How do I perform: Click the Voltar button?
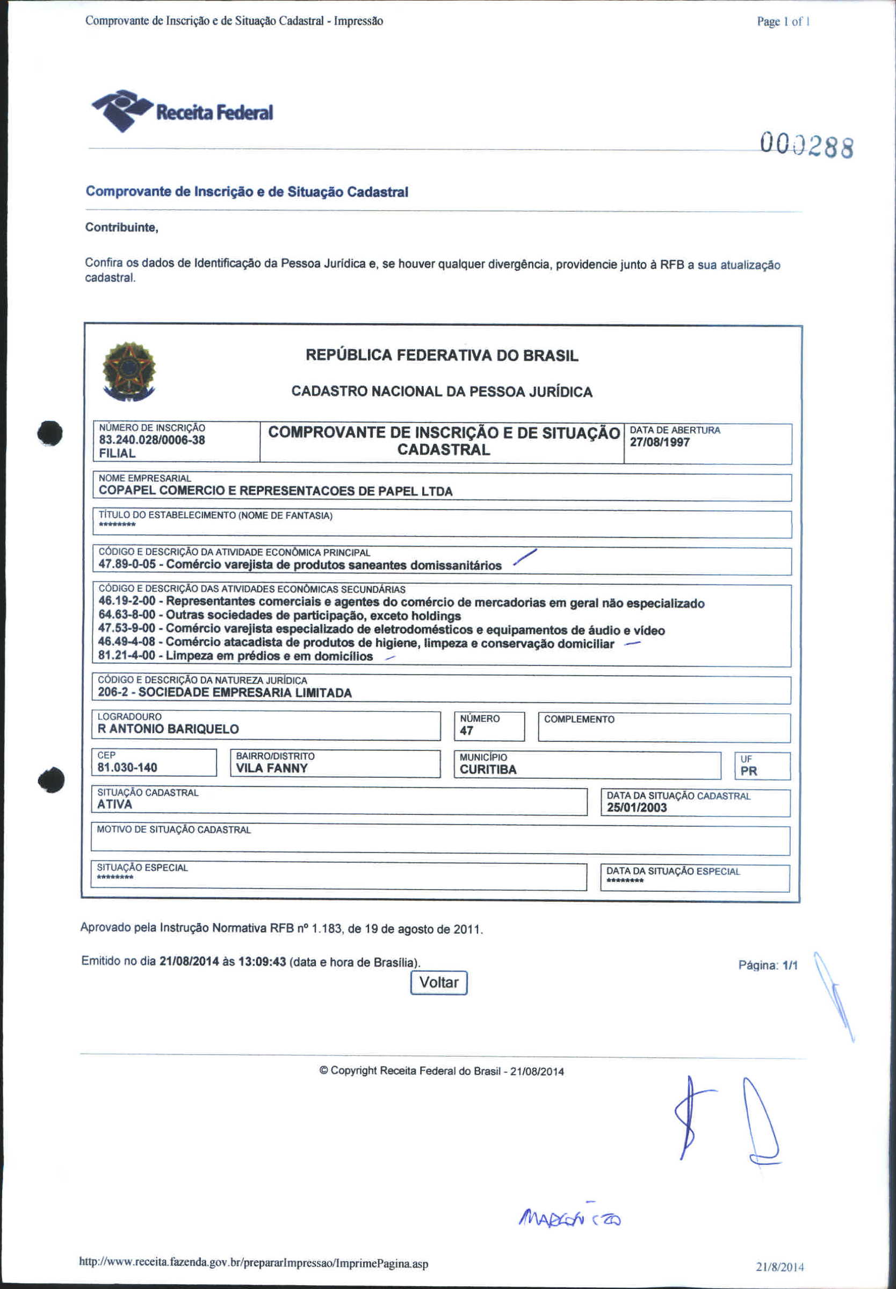(439, 983)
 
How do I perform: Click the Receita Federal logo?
(182, 111)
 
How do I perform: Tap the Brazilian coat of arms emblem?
(129, 371)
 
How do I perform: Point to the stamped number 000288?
(807, 146)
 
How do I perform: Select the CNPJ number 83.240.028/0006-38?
(152, 440)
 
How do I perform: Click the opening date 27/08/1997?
(659, 442)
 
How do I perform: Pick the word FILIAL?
(117, 454)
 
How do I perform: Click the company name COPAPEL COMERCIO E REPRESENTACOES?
(276, 491)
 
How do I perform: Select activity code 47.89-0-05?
(127, 564)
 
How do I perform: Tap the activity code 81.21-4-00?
(127, 656)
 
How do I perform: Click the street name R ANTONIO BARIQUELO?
(168, 729)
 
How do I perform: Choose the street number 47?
(466, 731)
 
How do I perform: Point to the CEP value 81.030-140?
(127, 768)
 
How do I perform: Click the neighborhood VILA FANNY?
(272, 769)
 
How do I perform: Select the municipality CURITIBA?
(488, 770)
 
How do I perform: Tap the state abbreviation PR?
(748, 771)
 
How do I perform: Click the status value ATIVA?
(115, 805)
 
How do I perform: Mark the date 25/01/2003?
(637, 808)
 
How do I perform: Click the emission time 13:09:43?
(263, 961)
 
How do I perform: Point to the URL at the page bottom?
(254, 1263)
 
